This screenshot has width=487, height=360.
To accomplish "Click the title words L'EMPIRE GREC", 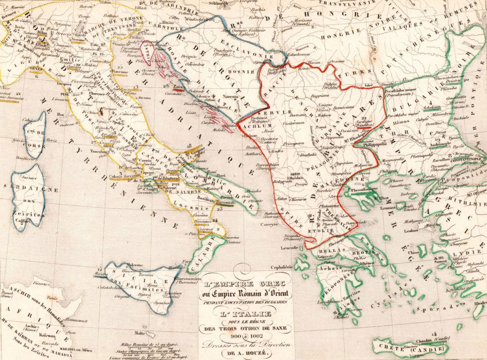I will tap(242, 284).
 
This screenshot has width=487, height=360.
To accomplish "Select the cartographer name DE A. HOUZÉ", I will tap(243, 353).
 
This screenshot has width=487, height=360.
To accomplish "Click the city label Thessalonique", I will tap(363, 189).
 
